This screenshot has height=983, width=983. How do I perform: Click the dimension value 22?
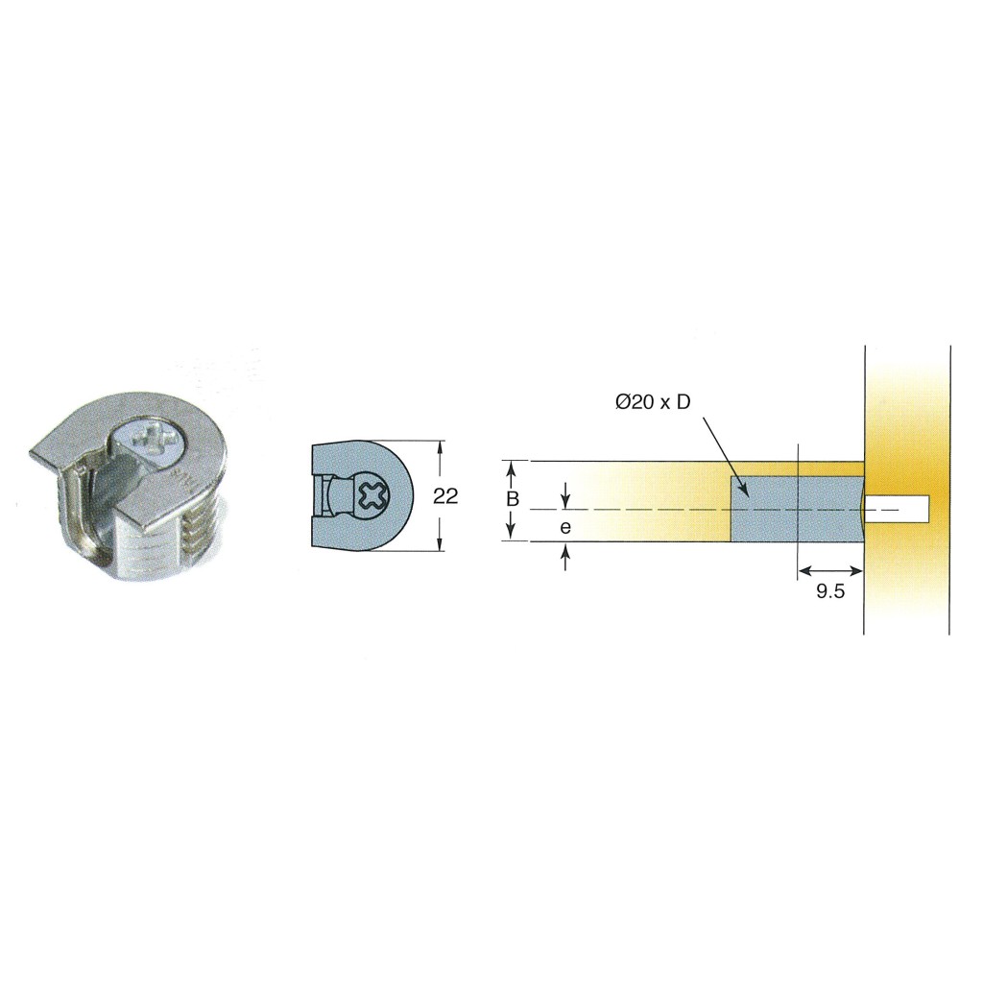445,496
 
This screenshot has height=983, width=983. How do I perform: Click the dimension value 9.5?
830,591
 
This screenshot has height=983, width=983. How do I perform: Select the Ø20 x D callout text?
653,402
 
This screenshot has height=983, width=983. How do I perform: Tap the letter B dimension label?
513,499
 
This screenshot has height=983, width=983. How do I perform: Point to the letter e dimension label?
565,528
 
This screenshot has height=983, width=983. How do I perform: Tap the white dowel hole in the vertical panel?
897,509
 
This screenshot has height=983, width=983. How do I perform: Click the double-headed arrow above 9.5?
830,570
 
